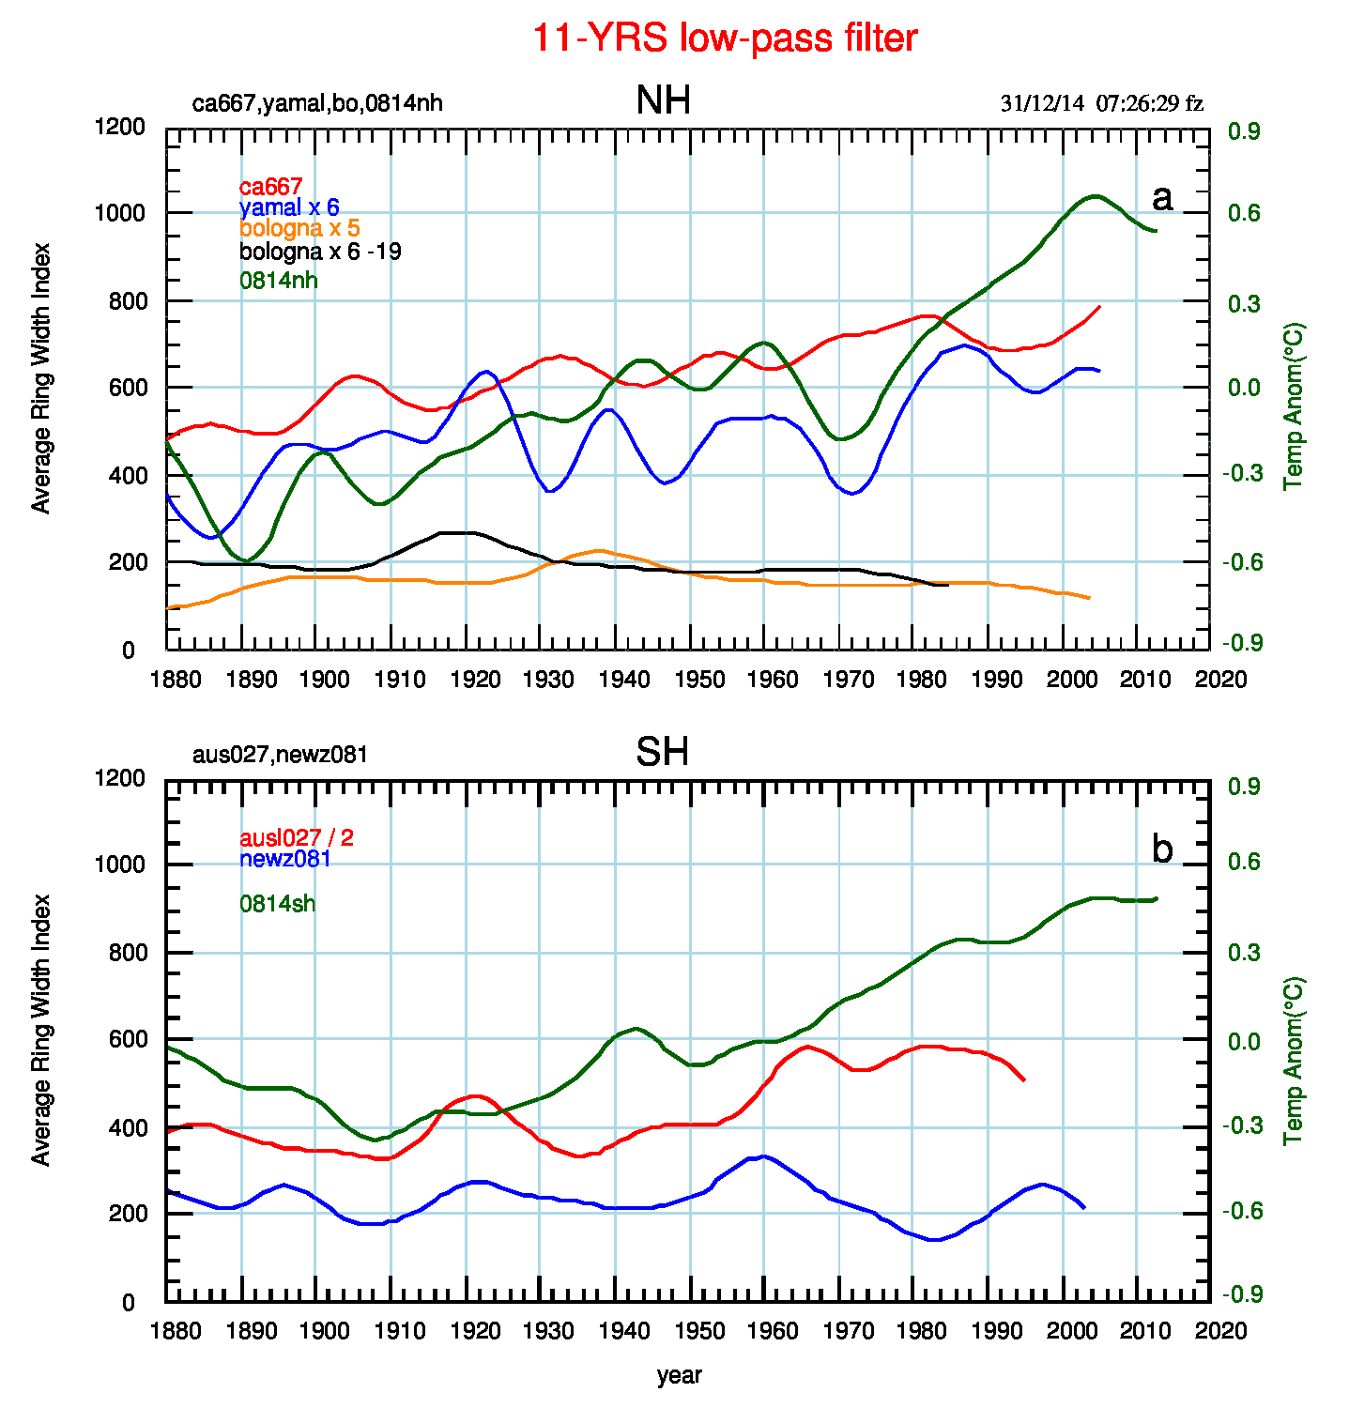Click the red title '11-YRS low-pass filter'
pos(724,38)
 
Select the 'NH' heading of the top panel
pos(663,100)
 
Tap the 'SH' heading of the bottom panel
pos(662,752)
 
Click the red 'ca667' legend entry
pos(270,188)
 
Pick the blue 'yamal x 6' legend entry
pos(289,207)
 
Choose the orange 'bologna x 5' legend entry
pos(299,228)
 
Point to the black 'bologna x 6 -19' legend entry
pos(320,252)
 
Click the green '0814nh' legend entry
pos(279,280)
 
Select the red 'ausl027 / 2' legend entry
pos(297,837)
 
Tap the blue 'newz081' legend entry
pos(285,858)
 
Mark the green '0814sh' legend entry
pos(278,904)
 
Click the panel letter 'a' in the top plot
pos(1161,198)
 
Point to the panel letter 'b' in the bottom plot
pos(1161,849)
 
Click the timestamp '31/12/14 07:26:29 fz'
pos(1101,103)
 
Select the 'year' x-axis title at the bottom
pos(679,1376)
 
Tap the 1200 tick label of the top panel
pos(120,127)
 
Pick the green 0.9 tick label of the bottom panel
pos(1244,787)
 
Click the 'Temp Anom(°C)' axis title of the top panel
pos(1295,406)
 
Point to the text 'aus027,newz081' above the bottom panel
pos(279,755)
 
